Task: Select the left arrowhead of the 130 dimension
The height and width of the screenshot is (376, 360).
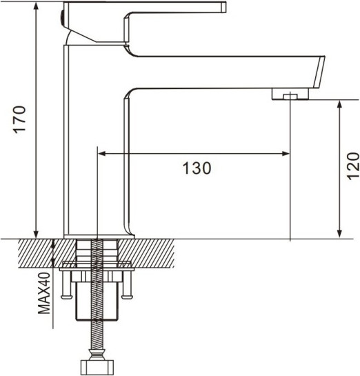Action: pyautogui.click(x=101, y=153)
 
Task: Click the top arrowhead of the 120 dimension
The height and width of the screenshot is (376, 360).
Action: pyautogui.click(x=339, y=104)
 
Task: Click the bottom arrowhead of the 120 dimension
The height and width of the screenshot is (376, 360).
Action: pyautogui.click(x=339, y=235)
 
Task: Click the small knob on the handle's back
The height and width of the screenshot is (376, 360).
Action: pyautogui.click(x=63, y=14)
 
